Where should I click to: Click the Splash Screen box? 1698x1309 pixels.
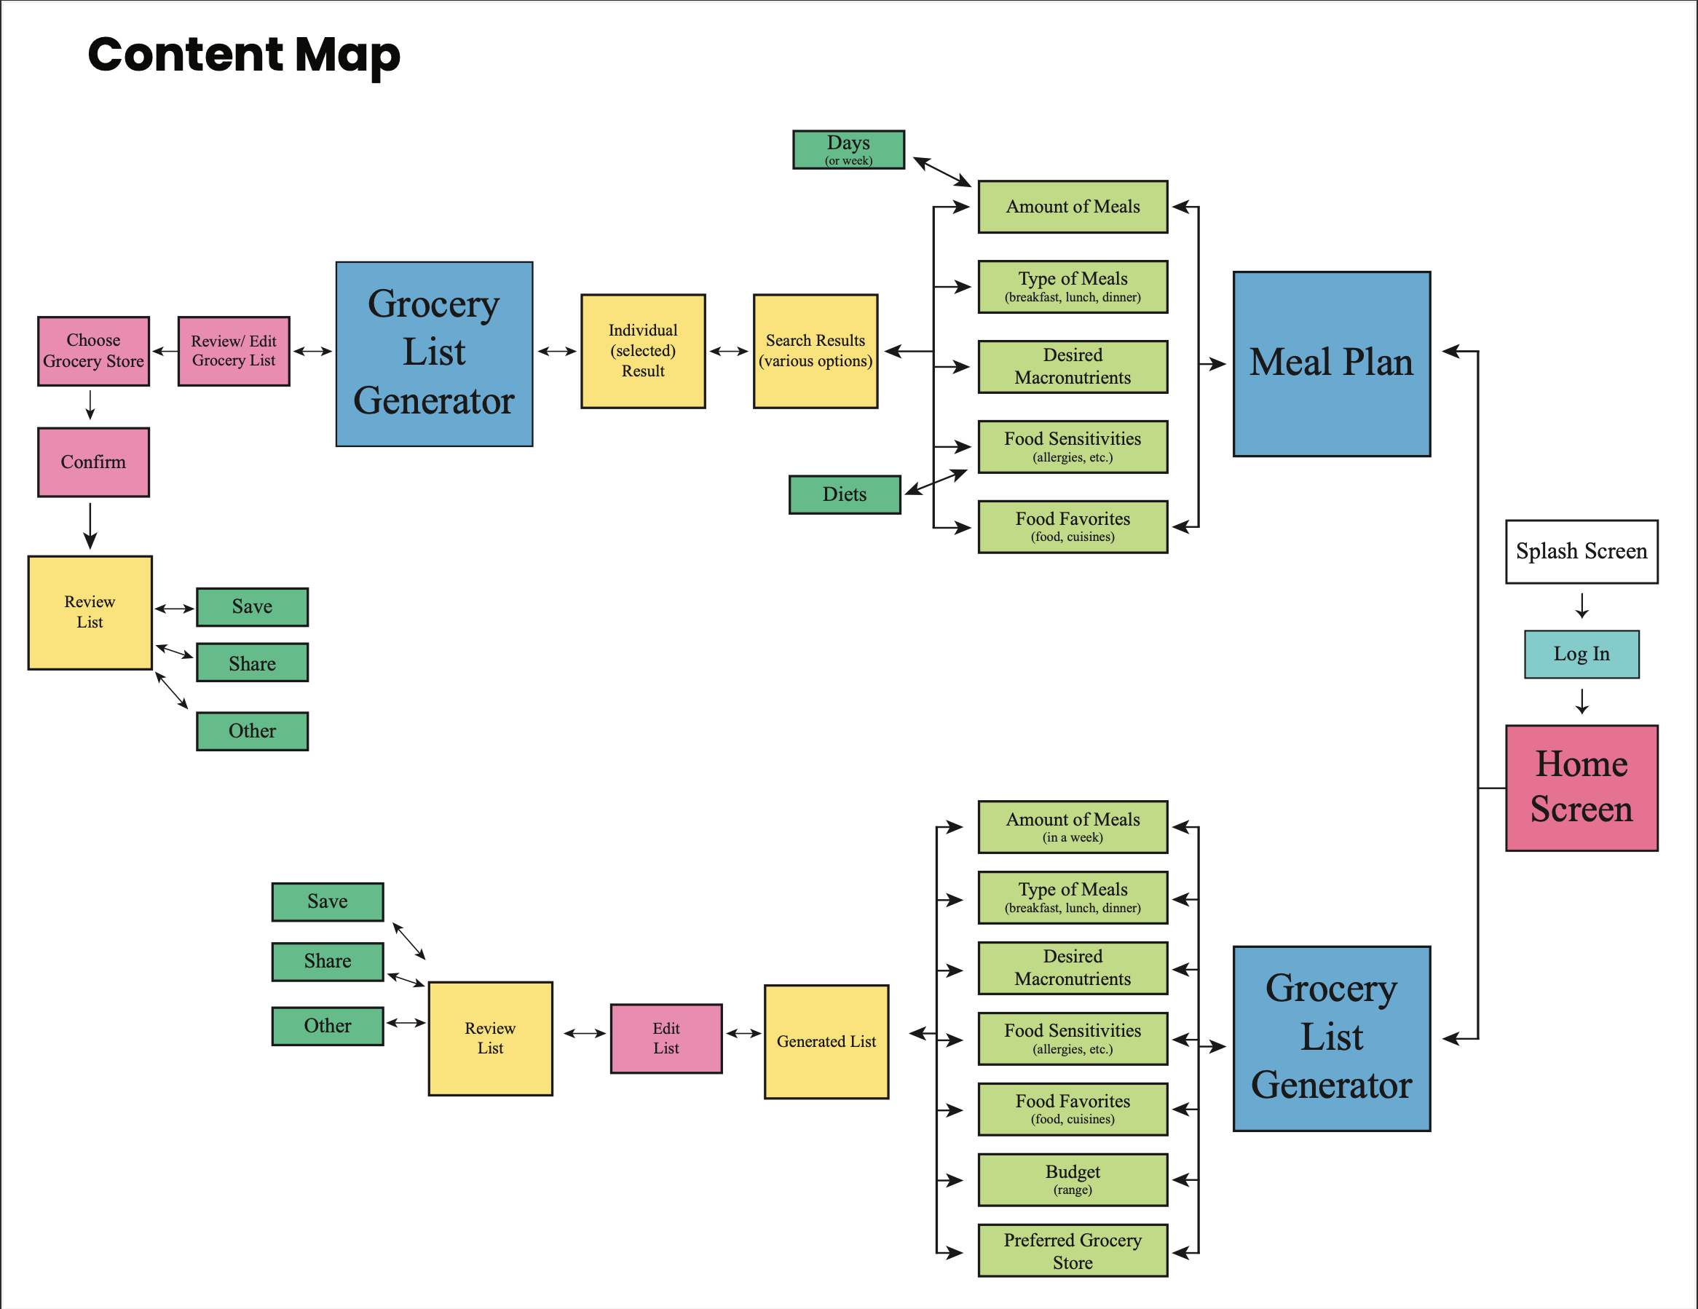pyautogui.click(x=1581, y=551)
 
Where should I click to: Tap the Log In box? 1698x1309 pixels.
pyautogui.click(x=1581, y=654)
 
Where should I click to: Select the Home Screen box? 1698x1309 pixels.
pyautogui.click(x=1581, y=788)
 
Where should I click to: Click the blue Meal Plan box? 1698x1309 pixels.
pyautogui.click(x=1331, y=363)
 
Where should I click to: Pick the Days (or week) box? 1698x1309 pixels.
pyautogui.click(x=848, y=149)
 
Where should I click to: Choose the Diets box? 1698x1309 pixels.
pyautogui.click(x=845, y=494)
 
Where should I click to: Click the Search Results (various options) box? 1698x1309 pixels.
pyautogui.click(x=815, y=351)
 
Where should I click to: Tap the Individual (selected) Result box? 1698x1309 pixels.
pyautogui.click(x=643, y=351)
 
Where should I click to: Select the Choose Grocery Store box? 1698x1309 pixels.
pyautogui.click(x=93, y=351)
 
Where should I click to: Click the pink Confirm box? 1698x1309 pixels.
pyautogui.click(x=93, y=462)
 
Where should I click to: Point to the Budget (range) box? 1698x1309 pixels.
pyautogui.click(x=1072, y=1179)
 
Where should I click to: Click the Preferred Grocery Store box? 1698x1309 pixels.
pyautogui.click(x=1072, y=1250)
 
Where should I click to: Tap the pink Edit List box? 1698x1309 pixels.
pyautogui.click(x=666, y=1037)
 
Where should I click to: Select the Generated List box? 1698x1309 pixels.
pyautogui.click(x=826, y=1041)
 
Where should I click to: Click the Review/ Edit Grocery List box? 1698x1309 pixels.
pyautogui.click(x=233, y=351)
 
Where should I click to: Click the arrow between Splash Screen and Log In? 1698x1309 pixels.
pyautogui.click(x=1581, y=606)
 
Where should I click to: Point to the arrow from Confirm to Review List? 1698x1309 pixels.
pyautogui.click(x=90, y=526)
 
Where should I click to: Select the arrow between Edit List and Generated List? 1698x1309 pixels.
pyautogui.click(x=743, y=1033)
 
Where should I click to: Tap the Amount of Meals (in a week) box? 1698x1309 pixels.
pyautogui.click(x=1072, y=826)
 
